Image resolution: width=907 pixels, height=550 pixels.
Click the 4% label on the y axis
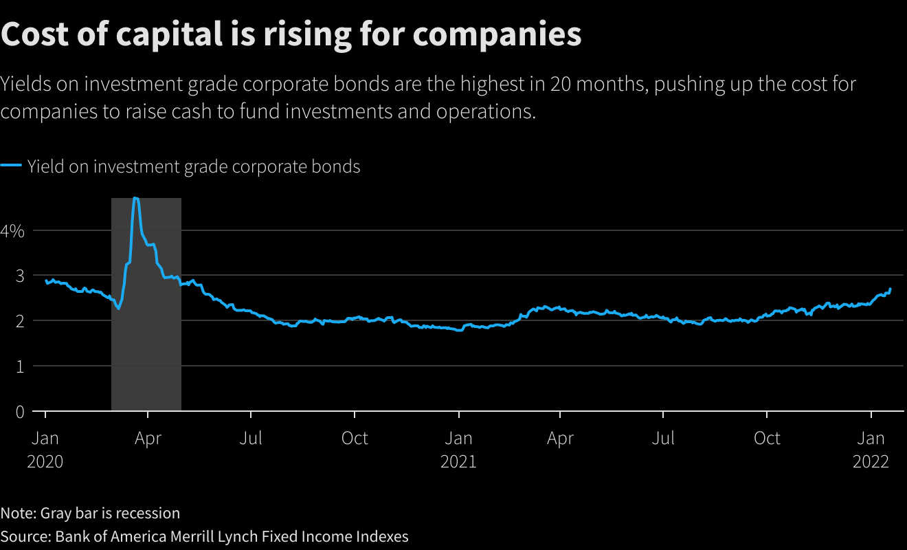(12, 230)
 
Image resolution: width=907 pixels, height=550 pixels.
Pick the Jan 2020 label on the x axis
(45, 449)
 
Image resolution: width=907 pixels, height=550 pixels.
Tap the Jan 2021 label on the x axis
(458, 449)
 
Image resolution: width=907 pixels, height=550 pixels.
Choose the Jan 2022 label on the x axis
(871, 449)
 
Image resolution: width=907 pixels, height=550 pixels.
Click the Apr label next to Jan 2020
(148, 438)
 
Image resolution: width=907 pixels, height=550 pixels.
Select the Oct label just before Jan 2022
(767, 438)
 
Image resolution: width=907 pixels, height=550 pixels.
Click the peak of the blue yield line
(136, 198)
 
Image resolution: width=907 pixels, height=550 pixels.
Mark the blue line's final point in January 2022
(891, 289)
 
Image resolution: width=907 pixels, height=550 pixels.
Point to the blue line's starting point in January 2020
(46, 280)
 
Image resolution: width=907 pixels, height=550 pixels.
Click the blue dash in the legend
(11, 166)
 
